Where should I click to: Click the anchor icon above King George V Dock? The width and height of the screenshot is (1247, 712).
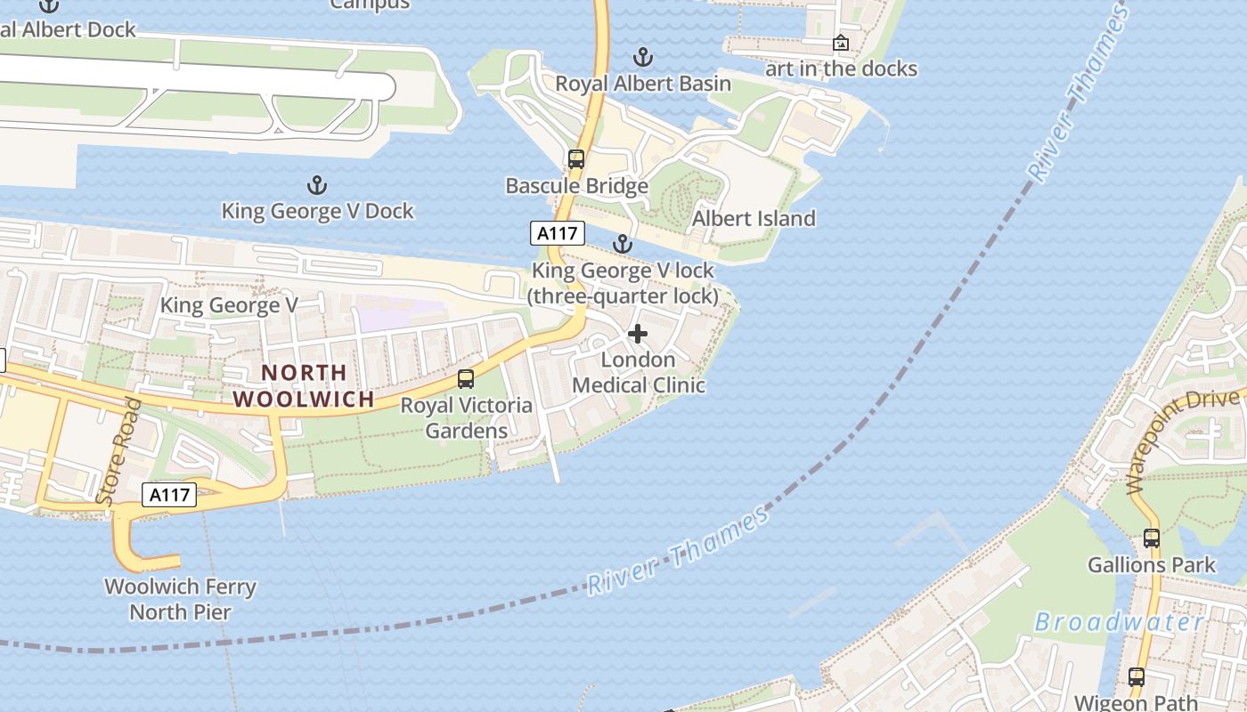316,185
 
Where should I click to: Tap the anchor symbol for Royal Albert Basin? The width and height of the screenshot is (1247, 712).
642,58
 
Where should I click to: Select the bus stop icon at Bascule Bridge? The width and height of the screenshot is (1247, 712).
576,159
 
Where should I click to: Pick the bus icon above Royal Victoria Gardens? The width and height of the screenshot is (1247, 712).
465,379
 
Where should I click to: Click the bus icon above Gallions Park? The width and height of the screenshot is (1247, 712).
1151,538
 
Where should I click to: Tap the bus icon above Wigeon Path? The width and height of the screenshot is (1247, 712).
1136,676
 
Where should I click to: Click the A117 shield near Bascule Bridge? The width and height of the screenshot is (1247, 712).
558,233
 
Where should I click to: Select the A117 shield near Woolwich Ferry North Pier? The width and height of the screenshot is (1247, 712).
169,495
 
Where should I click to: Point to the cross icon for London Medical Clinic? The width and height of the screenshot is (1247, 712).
638,334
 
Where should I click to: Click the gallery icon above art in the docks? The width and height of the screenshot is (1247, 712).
840,43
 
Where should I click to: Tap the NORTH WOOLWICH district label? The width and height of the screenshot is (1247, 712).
303,385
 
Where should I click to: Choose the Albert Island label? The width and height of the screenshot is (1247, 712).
754,219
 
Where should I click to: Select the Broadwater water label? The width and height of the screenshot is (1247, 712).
1119,622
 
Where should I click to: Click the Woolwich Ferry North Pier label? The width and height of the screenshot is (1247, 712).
181,599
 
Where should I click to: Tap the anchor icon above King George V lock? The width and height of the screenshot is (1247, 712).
623,244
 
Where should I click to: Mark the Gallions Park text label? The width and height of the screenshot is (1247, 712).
1151,565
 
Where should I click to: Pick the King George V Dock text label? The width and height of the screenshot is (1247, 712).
317,211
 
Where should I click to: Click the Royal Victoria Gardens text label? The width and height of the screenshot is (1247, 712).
466,417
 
